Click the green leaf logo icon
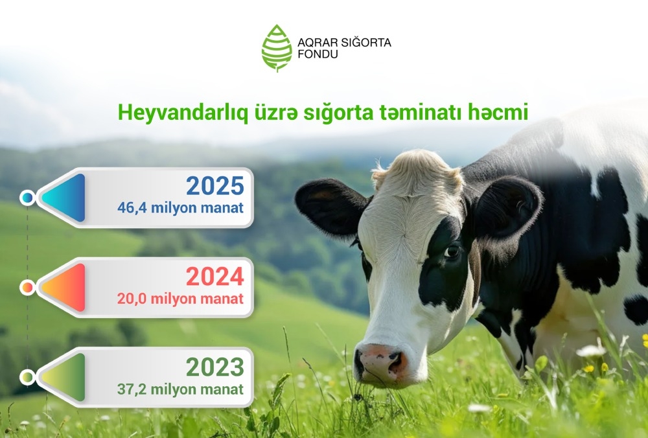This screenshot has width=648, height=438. click(x=277, y=48)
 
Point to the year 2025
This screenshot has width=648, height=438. click(x=215, y=186)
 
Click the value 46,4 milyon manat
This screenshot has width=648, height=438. click(x=180, y=207)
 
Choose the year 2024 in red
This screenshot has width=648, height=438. click(x=215, y=277)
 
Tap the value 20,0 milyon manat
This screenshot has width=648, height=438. click(x=180, y=298)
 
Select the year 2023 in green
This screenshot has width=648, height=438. click(x=215, y=367)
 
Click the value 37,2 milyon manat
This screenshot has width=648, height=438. click(x=180, y=389)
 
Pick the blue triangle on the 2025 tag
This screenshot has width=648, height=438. click(x=66, y=198)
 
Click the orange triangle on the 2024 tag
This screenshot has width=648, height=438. click(x=66, y=288)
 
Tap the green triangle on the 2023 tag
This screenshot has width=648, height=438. click(x=66, y=377)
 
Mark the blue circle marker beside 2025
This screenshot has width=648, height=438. click(x=27, y=198)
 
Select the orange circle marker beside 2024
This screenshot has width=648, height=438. click(x=27, y=288)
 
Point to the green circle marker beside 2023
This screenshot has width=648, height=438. click(x=27, y=377)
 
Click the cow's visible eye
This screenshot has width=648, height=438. click(x=452, y=250)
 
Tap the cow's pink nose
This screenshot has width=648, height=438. click(x=380, y=362)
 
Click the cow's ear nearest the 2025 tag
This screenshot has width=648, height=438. click(x=330, y=206)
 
